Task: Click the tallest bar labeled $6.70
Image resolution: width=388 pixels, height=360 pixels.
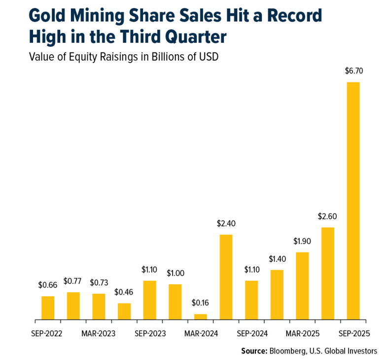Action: point(353,201)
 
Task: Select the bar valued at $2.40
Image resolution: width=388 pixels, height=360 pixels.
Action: point(226,277)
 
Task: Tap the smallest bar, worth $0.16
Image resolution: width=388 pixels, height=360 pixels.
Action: point(200,317)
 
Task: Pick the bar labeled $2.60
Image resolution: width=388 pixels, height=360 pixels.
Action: point(328,274)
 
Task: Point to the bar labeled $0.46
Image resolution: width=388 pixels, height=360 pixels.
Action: point(124,312)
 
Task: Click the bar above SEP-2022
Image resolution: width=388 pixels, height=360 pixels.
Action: point(48,308)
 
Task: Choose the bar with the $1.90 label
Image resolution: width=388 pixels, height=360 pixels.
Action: point(302,286)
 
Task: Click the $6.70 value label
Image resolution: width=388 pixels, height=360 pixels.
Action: point(353,71)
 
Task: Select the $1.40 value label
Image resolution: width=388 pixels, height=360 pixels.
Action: point(277,259)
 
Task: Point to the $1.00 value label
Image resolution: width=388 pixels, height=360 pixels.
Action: point(175,273)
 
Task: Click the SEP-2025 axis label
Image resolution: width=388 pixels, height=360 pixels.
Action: point(353,334)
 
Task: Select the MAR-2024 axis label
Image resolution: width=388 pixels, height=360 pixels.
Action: point(201,334)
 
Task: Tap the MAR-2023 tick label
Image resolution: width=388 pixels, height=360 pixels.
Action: point(99,334)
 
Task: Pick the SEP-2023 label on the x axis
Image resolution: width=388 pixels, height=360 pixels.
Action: point(150,334)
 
